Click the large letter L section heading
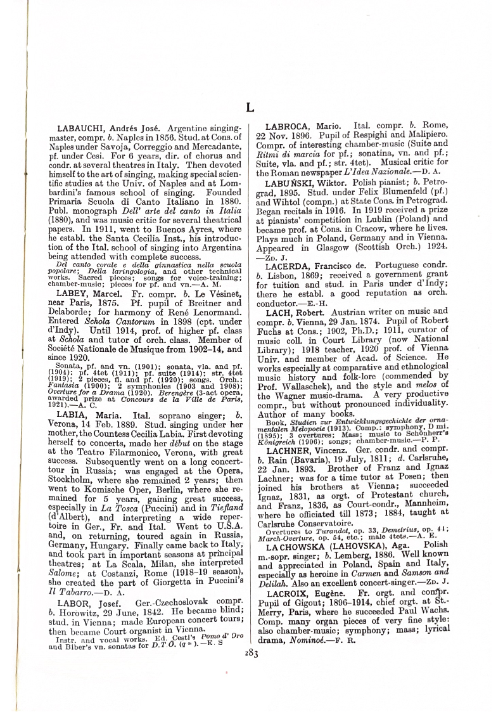[x=250, y=108]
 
